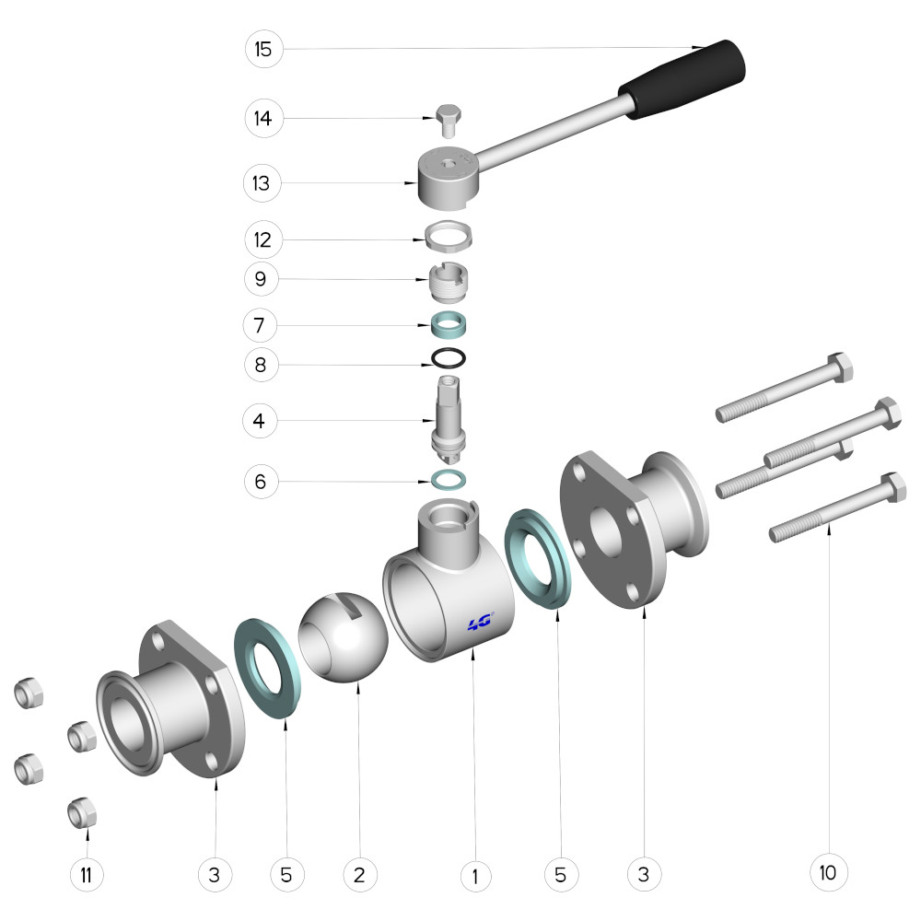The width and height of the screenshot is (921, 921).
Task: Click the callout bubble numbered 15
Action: [263, 49]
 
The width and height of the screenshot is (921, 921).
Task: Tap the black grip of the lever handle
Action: [682, 79]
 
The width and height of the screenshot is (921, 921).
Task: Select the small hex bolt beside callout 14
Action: [449, 121]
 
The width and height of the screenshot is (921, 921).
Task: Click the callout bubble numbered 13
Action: [262, 183]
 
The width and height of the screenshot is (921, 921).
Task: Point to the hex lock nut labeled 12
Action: [449, 236]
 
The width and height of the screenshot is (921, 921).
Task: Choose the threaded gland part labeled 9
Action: [449, 281]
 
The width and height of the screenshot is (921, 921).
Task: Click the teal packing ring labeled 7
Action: [449, 324]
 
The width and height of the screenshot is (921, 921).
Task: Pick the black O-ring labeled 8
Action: [449, 357]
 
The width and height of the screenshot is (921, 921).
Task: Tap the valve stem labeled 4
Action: [449, 419]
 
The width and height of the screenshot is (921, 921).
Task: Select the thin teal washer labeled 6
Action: [449, 480]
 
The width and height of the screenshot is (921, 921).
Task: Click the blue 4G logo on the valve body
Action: [481, 622]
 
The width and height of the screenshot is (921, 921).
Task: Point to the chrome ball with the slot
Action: [343, 637]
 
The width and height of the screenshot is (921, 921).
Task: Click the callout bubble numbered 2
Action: [359, 875]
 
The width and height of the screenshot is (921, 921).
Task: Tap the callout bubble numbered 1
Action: [475, 876]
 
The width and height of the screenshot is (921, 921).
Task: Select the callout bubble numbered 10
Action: [828, 873]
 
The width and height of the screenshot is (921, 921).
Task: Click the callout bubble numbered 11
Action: [87, 875]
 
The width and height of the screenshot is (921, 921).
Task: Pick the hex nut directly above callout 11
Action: [82, 813]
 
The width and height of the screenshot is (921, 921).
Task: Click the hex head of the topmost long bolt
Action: [841, 367]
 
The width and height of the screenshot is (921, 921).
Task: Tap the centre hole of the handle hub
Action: [449, 164]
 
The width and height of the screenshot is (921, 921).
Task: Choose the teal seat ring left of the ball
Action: [268, 668]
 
